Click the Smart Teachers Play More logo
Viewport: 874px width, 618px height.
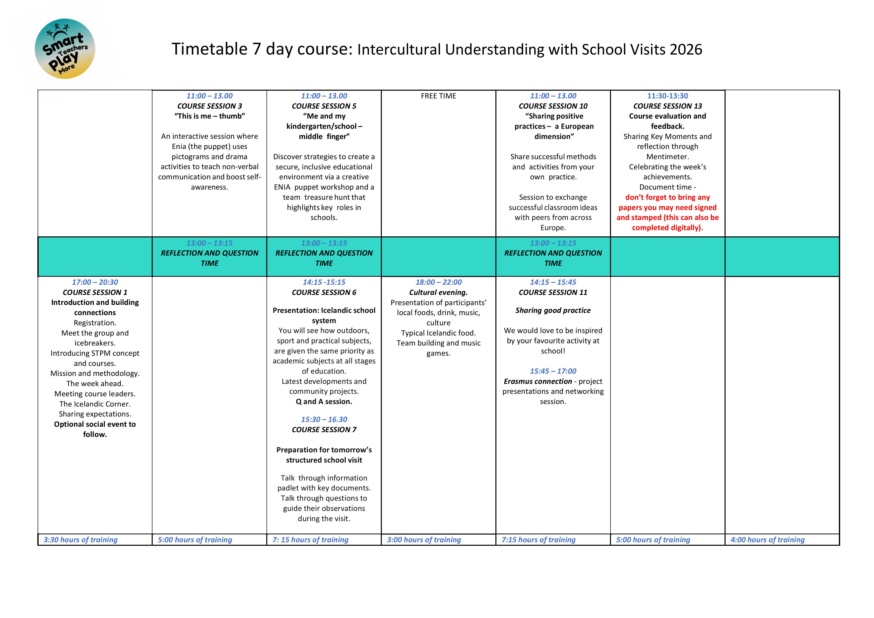(65, 49)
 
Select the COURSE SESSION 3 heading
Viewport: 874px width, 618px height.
(209, 106)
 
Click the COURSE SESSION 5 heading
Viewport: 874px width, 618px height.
(324, 106)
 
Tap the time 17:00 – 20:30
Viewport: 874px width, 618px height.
(95, 282)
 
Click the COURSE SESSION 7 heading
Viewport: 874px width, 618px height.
(324, 429)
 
